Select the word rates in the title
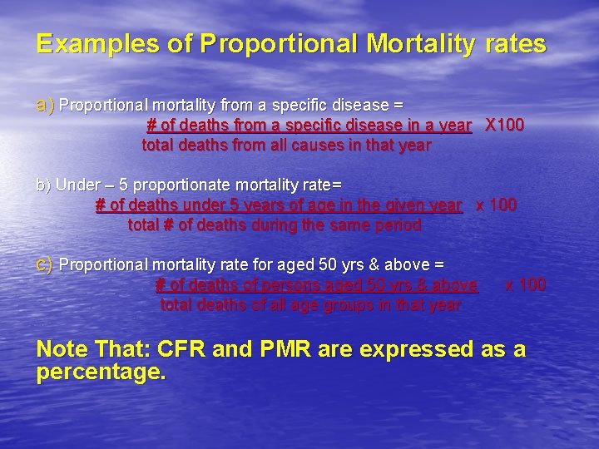(516, 44)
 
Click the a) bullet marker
(45, 106)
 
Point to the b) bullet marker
(43, 184)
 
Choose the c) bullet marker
(45, 265)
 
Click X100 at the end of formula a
(504, 126)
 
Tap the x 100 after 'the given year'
(496, 205)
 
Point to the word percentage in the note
(101, 373)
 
